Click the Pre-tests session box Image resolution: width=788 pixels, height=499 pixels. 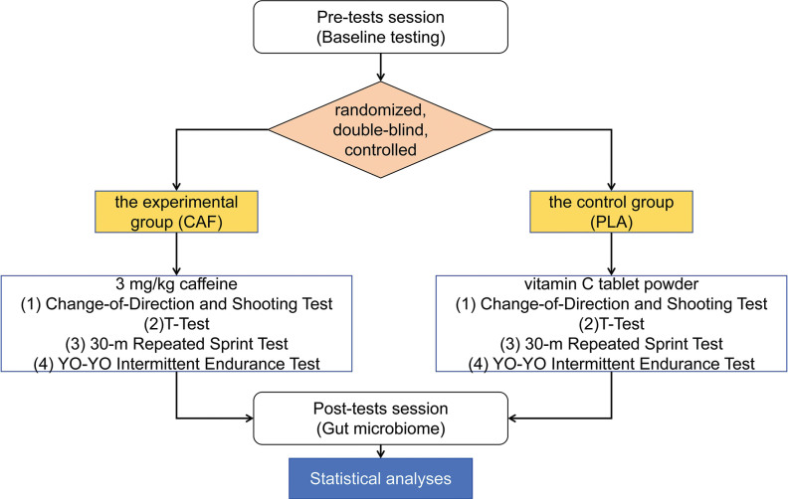pos(380,27)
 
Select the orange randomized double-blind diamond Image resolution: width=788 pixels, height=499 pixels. pos(380,129)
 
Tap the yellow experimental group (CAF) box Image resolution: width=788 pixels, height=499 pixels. pos(176,212)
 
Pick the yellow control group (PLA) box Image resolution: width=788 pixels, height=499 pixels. pos(611,212)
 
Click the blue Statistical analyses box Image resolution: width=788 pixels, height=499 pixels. pos(380,478)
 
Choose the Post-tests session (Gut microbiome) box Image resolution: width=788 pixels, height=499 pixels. pos(380,418)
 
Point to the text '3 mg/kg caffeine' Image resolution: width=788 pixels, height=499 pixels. pos(176,284)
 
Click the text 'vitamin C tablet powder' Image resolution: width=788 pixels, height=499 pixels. pos(611,284)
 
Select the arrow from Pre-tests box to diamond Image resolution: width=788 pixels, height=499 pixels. pos(380,68)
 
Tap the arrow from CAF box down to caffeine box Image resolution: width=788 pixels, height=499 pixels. pos(176,254)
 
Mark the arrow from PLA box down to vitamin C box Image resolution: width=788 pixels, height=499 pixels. pos(611,254)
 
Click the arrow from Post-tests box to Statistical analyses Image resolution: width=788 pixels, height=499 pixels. pos(380,451)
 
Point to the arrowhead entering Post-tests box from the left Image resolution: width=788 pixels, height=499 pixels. pos(249,418)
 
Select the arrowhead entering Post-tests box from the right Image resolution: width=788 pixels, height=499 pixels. pos(512,418)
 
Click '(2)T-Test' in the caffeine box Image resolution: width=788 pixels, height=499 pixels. pos(176,324)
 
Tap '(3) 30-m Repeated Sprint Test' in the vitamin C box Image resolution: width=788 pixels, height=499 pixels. pos(611,344)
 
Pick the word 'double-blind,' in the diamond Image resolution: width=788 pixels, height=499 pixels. pos(380,129)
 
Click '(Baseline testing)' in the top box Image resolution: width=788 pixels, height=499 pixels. pos(380,37)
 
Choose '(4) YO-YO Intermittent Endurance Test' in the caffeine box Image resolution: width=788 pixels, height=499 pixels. pos(176,364)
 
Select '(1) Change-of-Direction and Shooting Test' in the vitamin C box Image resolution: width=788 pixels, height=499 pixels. pos(611,304)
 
